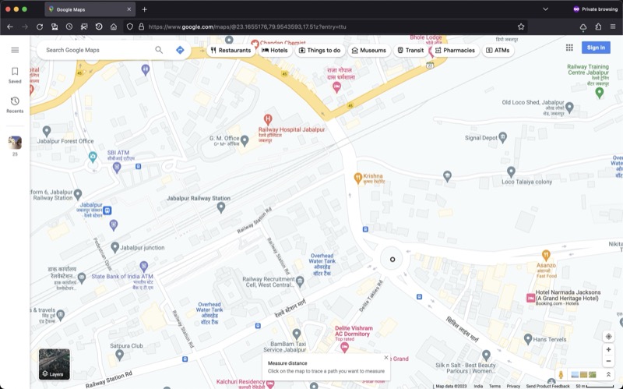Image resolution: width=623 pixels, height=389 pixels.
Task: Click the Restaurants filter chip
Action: click(x=231, y=50)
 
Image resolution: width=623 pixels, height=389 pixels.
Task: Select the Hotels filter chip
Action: click(x=275, y=50)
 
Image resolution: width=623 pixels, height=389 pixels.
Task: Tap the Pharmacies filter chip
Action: click(x=455, y=50)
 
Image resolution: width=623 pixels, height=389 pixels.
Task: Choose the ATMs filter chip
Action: click(x=498, y=50)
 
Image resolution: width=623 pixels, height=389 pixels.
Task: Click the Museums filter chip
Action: click(x=368, y=50)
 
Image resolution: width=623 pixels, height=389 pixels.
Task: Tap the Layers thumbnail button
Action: click(x=55, y=364)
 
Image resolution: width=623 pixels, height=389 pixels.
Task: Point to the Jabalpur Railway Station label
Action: click(x=199, y=199)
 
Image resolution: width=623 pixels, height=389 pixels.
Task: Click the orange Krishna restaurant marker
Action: click(x=358, y=177)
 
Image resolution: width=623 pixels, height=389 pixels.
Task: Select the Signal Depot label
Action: click(x=480, y=138)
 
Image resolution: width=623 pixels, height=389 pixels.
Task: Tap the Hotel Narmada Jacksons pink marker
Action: click(x=530, y=298)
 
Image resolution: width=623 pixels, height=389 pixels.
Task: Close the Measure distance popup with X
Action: click(x=385, y=358)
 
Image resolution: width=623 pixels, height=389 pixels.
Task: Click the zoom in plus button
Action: click(x=608, y=350)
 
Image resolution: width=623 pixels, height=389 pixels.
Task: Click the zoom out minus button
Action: click(x=608, y=362)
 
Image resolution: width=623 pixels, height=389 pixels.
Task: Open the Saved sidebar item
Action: click(x=15, y=75)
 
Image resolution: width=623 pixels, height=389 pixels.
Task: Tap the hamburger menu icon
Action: click(x=15, y=50)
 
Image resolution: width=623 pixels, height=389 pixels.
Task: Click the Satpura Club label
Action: click(x=126, y=345)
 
